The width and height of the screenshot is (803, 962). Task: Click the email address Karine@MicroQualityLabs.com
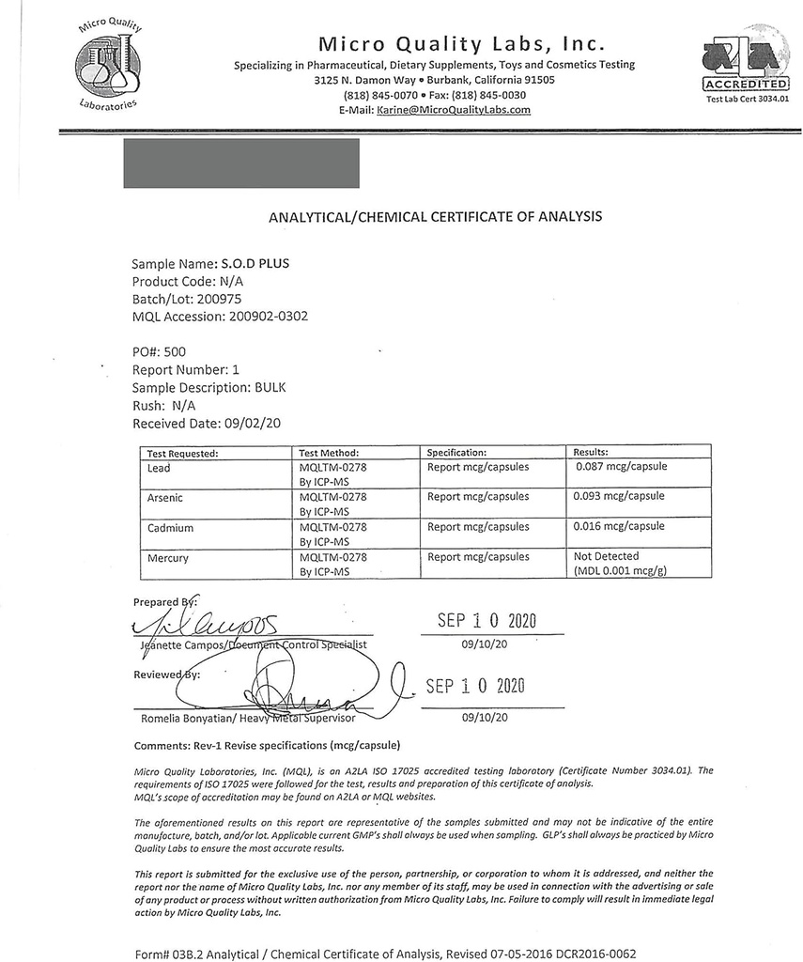(x=454, y=110)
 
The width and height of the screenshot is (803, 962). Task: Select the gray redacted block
(x=241, y=163)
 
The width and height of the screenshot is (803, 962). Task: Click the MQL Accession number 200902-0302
(x=269, y=317)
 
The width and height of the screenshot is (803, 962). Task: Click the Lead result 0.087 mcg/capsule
(x=621, y=467)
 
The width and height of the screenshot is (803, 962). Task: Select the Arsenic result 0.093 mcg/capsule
(x=619, y=496)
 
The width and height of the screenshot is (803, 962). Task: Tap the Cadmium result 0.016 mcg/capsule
(x=619, y=526)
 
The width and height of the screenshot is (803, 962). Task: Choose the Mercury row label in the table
(x=168, y=558)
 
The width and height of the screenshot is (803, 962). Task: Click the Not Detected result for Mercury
(x=606, y=556)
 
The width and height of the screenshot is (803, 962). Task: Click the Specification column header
(x=456, y=452)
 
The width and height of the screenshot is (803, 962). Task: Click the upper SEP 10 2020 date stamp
(x=486, y=622)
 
